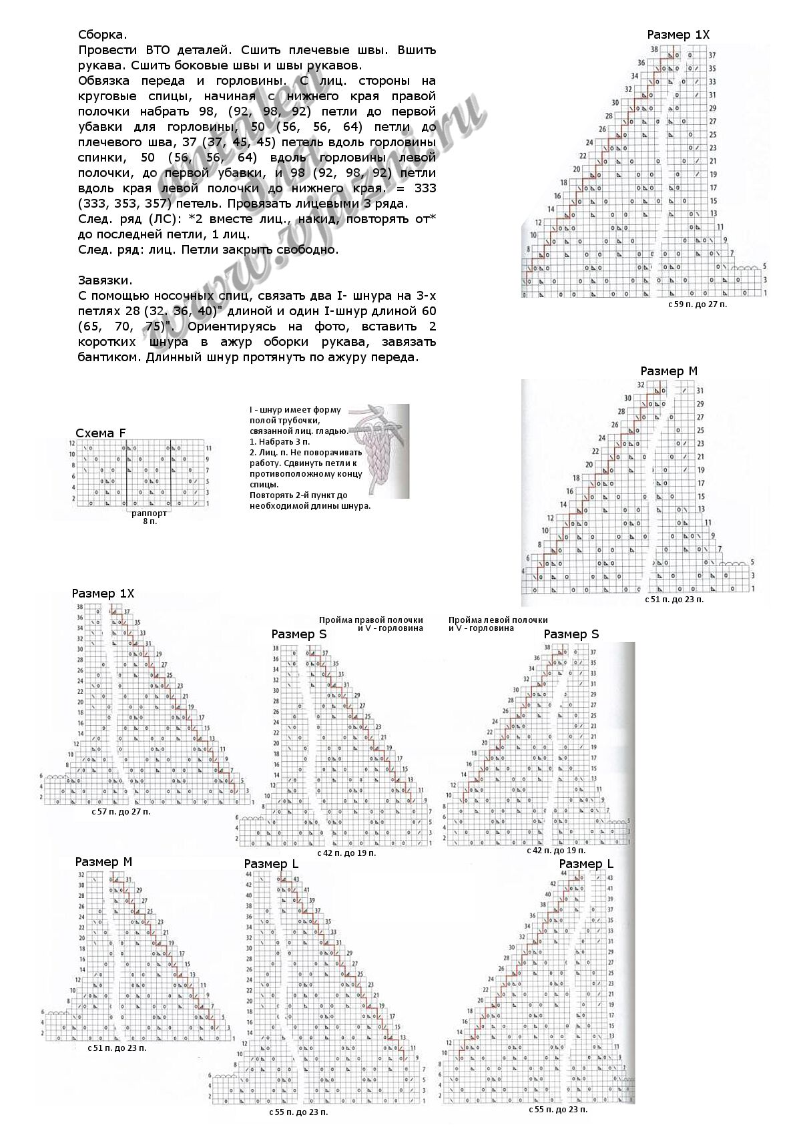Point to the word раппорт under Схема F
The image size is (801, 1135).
149,513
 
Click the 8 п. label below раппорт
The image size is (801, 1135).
149,521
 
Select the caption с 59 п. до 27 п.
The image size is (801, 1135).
697,304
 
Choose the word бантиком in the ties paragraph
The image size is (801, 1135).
106,357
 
